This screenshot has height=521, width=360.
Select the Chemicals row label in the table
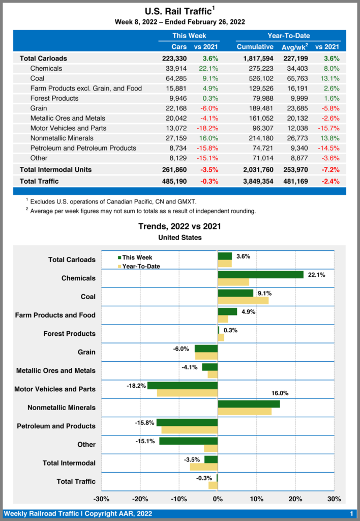pos(46,68)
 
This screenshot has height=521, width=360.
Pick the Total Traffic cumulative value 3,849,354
pos(258,181)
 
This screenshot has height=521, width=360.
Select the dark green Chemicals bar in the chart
pos(260,275)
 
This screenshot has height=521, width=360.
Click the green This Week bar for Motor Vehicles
pos(183,386)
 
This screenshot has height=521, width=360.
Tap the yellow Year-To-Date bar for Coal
pos(243,300)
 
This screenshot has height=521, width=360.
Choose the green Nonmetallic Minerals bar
pos(249,404)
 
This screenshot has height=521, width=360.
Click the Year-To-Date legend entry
pos(141,266)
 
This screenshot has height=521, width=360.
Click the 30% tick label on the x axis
pos(334,499)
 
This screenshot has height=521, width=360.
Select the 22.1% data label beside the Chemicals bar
pos(317,275)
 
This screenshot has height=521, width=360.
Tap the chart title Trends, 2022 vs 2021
pos(179,226)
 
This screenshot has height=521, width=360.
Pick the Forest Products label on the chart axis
pos(70,334)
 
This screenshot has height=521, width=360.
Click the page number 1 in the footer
pos(351,514)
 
